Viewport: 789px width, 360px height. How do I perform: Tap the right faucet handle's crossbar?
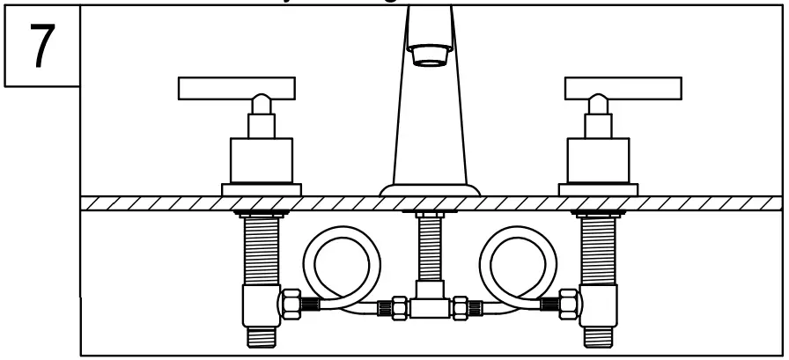(x=622, y=87)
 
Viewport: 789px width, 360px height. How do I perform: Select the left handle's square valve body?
(x=261, y=159)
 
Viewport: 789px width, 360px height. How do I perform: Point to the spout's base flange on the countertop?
(x=430, y=190)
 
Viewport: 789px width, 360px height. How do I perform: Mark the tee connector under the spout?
(x=429, y=305)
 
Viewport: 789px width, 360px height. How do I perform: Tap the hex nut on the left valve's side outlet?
(x=291, y=304)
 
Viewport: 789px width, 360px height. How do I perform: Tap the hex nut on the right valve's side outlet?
(x=568, y=304)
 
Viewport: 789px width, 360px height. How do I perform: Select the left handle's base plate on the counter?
(x=261, y=188)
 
